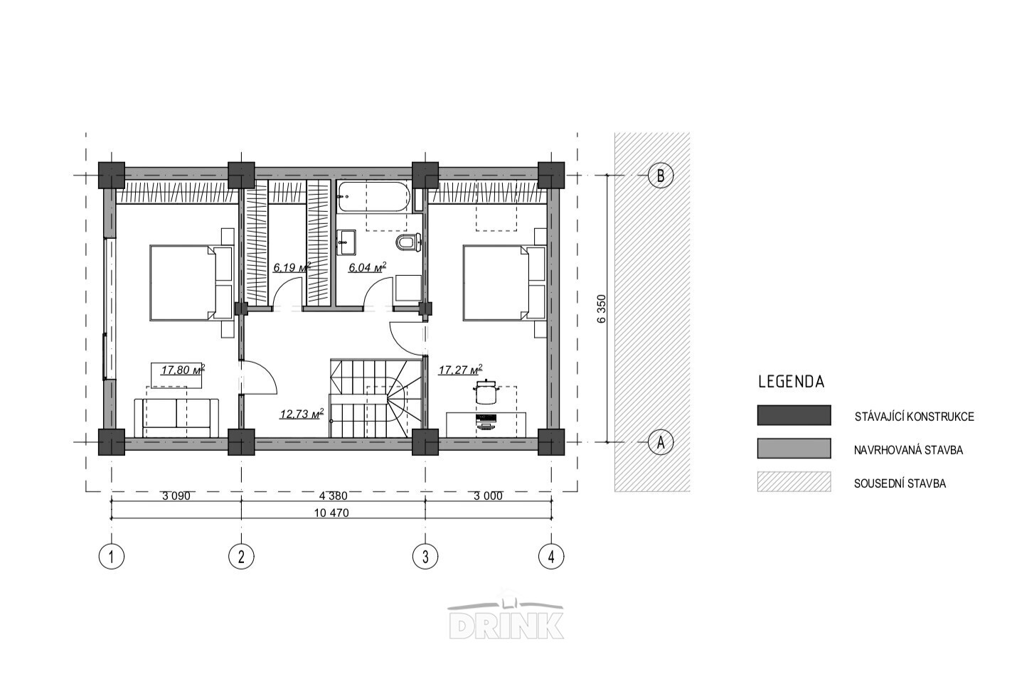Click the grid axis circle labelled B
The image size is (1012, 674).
click(x=661, y=175)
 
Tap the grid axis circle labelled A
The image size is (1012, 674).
click(x=661, y=442)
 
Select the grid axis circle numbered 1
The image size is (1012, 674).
click(x=111, y=557)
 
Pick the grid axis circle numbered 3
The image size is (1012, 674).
click(x=425, y=557)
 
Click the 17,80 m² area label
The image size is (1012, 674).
click(x=183, y=370)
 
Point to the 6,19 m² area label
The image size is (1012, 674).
click(x=292, y=267)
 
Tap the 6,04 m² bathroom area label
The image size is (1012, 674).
click(x=367, y=267)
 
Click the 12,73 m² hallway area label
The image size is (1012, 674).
click(x=302, y=414)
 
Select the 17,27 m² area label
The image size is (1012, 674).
click(x=460, y=370)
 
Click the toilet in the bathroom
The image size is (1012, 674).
click(x=408, y=242)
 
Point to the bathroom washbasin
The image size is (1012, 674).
click(x=346, y=242)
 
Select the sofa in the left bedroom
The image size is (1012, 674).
click(x=176, y=418)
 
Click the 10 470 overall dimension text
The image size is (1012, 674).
click(x=332, y=513)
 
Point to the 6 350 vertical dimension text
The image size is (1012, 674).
click(x=601, y=309)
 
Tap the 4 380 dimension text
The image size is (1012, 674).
click(x=334, y=496)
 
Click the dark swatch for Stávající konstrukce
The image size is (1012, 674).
click(x=794, y=415)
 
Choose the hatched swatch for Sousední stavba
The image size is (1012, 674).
click(x=794, y=481)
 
